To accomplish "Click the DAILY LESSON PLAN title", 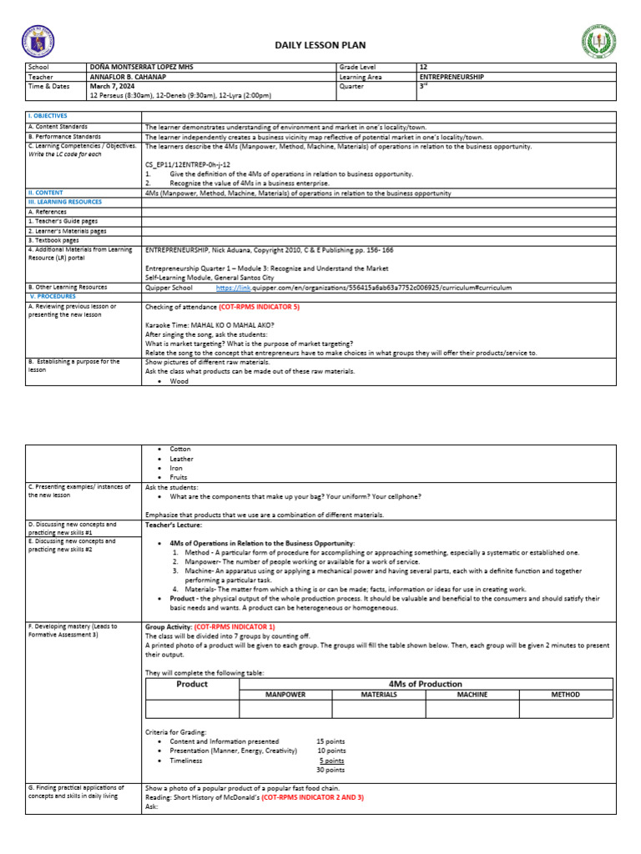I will click(320, 45).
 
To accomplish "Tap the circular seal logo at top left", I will click(39, 42).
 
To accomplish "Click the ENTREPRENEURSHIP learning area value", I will click(451, 77).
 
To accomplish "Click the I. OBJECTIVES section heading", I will click(48, 116).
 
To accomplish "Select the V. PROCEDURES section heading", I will click(53, 296).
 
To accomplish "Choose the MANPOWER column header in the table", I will click(285, 694).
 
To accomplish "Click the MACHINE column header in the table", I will click(472, 694).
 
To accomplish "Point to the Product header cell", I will click(192, 684).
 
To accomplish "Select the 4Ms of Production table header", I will click(426, 683).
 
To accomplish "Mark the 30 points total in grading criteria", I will click(331, 770).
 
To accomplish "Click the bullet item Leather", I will click(181, 459).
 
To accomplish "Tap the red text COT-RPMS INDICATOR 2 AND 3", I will click(312, 797).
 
